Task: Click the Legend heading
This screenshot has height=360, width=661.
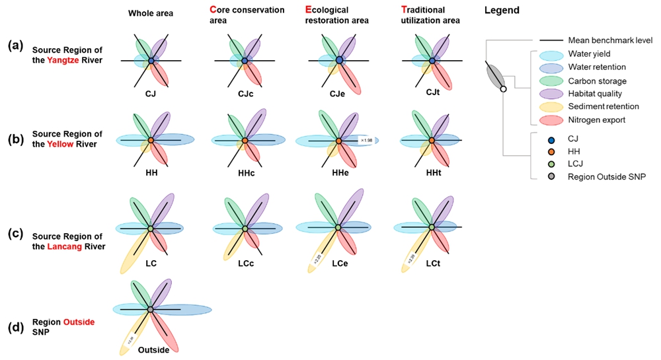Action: coord(502,11)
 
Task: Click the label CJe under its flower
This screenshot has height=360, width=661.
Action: coord(338,94)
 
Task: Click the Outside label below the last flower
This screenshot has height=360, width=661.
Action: coord(153,350)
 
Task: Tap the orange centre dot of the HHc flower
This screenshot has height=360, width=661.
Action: coord(245,141)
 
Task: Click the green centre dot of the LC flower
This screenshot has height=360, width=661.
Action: coord(151,228)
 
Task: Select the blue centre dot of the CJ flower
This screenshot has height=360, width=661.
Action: coord(151,61)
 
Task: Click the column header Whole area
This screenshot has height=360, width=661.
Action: coord(150,13)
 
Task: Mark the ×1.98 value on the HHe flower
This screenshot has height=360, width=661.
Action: coord(366,141)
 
